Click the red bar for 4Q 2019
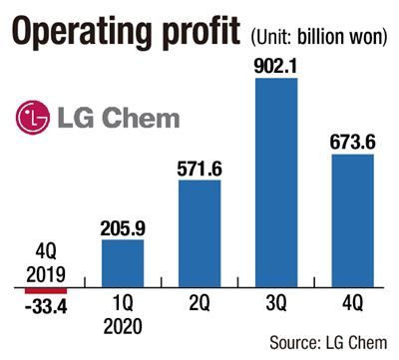(x=46, y=291)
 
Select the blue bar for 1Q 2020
(x=123, y=263)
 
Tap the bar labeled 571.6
(x=199, y=233)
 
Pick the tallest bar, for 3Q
(x=276, y=182)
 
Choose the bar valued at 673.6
(x=353, y=220)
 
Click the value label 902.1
(x=276, y=67)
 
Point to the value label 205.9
(x=123, y=228)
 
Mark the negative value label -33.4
(x=46, y=306)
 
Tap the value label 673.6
(x=353, y=143)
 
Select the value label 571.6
(x=199, y=169)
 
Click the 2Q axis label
(x=199, y=303)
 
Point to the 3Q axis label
(x=276, y=303)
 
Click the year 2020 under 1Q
(x=123, y=326)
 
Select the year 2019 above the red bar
(x=46, y=275)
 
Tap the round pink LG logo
(x=33, y=118)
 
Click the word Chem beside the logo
(x=141, y=118)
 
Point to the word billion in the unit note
(x=319, y=37)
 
